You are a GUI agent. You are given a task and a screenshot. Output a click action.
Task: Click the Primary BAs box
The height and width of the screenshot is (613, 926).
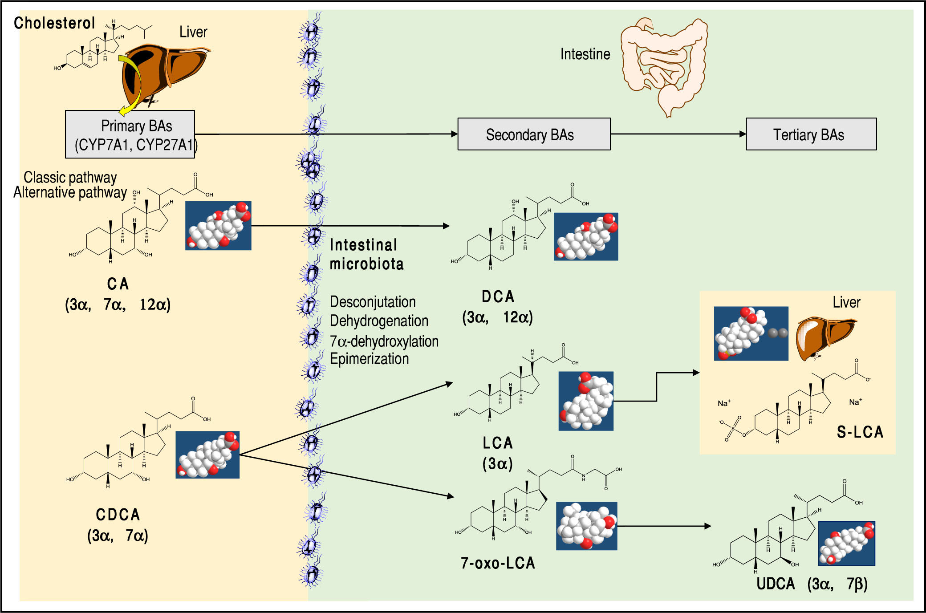(130, 134)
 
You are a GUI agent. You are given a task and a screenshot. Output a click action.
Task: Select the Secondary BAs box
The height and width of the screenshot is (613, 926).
(534, 134)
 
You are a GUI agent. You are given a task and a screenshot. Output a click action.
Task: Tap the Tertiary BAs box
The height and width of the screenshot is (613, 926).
(811, 134)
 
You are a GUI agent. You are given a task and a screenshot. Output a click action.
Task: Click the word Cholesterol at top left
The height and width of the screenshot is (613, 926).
(54, 23)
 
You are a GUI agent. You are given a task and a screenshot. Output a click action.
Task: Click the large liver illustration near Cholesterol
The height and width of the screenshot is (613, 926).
(165, 71)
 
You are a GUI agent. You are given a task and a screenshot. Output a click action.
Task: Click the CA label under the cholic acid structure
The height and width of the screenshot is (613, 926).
(118, 284)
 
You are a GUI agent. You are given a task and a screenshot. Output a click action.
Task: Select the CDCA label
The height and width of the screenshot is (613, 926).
(118, 515)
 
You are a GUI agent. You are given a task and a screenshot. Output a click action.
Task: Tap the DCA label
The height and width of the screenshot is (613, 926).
(498, 297)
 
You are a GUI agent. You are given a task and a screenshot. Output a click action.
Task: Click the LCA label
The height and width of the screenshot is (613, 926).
(498, 443)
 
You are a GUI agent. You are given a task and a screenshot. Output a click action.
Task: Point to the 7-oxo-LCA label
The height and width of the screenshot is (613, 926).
(498, 563)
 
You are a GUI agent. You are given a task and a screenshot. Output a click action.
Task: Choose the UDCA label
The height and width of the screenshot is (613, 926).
(776, 584)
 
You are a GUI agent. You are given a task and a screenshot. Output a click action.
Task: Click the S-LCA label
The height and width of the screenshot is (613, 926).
(860, 432)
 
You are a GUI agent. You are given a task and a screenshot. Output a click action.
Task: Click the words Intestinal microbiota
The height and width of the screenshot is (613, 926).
(366, 255)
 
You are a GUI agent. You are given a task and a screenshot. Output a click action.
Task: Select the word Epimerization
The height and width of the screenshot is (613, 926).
(369, 359)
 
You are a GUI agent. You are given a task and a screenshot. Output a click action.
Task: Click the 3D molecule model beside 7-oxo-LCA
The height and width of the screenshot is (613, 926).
(586, 526)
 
